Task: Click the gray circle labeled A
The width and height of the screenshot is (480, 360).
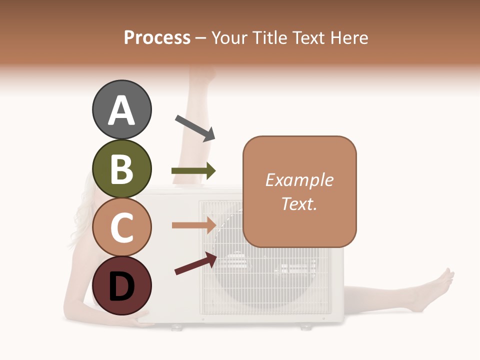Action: tap(121, 109)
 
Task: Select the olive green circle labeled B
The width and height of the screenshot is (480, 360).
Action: tap(121, 168)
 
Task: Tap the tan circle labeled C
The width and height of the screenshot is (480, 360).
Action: tap(121, 227)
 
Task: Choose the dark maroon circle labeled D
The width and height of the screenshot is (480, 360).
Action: tap(121, 285)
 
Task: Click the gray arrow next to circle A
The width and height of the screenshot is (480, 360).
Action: tap(195, 127)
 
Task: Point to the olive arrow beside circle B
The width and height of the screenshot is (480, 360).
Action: tap(193, 171)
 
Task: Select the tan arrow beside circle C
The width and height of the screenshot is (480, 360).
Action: tap(193, 225)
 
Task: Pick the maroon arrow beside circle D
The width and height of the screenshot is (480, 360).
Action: tap(195, 263)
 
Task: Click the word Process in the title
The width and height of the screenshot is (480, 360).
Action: tap(157, 37)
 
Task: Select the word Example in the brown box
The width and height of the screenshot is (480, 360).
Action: tap(299, 180)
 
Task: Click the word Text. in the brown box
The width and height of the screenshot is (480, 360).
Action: tap(299, 203)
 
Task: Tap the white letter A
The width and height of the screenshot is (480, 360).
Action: tap(121, 110)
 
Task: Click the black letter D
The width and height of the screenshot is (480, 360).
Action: tap(121, 286)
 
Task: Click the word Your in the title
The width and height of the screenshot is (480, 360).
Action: tap(230, 37)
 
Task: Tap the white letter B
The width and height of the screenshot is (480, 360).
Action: tap(121, 169)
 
